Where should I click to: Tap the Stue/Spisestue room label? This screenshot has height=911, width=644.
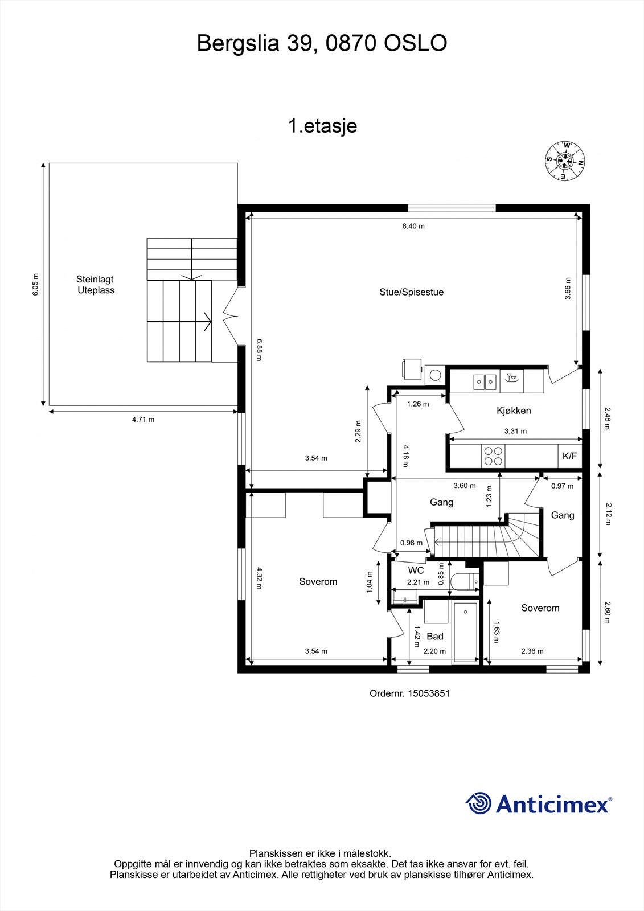click(411, 292)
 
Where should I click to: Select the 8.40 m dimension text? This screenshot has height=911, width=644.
click(413, 226)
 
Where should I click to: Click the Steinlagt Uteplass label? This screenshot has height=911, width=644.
click(96, 285)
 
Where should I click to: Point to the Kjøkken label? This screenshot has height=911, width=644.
click(514, 411)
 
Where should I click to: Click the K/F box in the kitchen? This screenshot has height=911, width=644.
click(569, 456)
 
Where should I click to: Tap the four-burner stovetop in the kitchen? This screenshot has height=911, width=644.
click(493, 456)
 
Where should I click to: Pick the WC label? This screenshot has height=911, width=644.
click(416, 570)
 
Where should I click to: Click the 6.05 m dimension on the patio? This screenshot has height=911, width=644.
click(35, 284)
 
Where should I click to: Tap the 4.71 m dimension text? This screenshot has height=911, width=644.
click(143, 420)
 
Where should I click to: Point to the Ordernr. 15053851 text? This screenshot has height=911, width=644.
click(409, 693)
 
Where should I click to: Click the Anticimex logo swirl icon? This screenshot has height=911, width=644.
click(478, 803)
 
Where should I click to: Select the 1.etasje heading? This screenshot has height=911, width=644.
click(323, 125)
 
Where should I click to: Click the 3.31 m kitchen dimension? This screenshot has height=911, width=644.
click(515, 431)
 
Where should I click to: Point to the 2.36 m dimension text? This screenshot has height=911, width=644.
click(532, 651)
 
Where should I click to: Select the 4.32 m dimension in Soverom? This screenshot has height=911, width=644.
click(259, 578)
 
